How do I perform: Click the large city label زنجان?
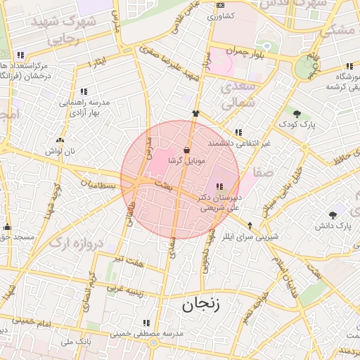[201, 304]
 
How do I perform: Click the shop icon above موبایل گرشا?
[186, 150]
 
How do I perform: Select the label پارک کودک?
[302, 124]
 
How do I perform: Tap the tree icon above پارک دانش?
[333, 214]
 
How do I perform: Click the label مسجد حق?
[15, 238]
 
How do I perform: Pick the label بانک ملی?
[77, 342]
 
